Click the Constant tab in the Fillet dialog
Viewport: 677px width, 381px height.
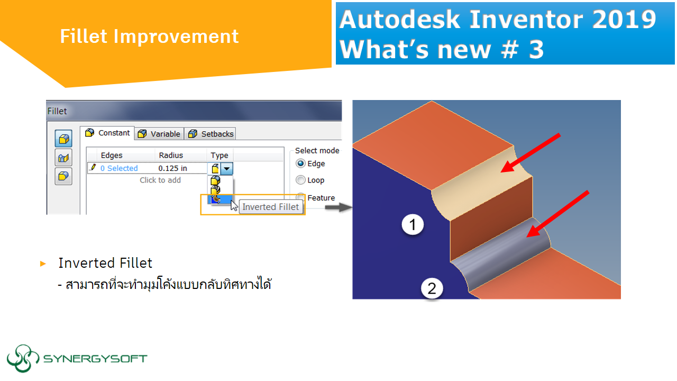108,133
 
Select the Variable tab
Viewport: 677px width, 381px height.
160,134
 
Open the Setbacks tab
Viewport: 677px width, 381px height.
211,134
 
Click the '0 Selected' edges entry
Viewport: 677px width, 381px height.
119,168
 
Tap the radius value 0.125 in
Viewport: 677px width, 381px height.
173,168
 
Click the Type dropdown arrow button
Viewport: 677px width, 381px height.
226,169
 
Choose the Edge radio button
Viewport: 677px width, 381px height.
301,164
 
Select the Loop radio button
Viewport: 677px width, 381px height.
301,180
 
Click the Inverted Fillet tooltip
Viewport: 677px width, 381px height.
270,207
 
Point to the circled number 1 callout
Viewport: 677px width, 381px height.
413,225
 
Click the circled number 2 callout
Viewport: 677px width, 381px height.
432,289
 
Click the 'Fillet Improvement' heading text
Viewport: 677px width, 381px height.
149,37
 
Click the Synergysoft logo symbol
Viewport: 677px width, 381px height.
23,358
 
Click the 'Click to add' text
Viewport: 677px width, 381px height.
160,180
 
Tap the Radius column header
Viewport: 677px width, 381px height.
171,155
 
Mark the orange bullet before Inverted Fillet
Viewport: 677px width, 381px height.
43,264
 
